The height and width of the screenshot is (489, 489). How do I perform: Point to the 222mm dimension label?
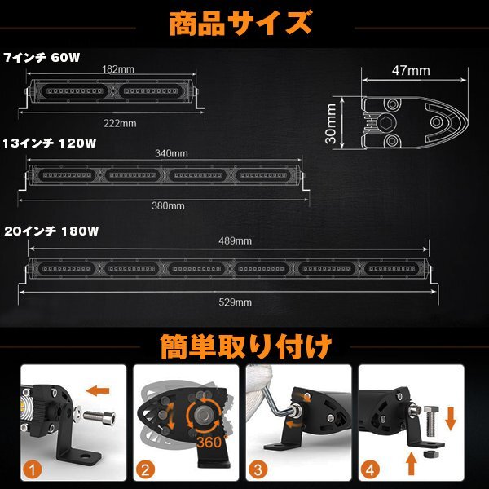(121, 123)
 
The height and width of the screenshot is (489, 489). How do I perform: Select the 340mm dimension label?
(173, 152)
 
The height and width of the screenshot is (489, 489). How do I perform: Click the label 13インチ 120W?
(49, 143)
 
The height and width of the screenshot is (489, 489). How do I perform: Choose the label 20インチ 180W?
(51, 231)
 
